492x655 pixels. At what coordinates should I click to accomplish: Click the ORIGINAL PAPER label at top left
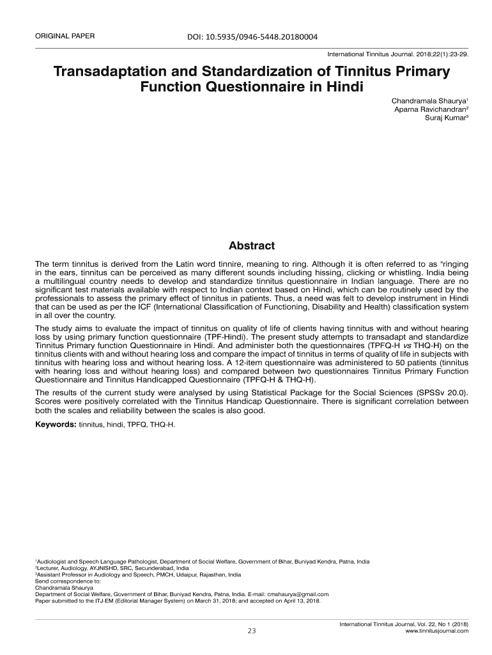(65, 36)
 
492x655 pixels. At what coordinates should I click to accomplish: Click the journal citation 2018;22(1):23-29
(442, 54)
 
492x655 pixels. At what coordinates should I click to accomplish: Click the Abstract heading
(252, 246)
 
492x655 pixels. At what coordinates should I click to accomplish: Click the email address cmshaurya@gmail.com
(298, 594)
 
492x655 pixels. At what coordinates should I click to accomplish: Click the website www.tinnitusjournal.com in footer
(437, 631)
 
